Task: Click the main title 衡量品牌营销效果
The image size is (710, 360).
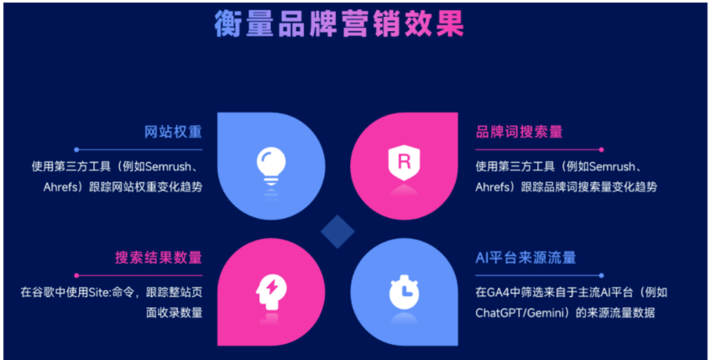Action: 339,23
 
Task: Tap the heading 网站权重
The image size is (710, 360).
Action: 173,132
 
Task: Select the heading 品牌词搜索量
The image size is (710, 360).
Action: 519,132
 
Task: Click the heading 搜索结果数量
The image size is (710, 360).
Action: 159,258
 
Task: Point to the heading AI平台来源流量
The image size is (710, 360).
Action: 525,258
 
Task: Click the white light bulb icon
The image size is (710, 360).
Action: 271,165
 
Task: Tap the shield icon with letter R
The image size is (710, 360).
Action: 404,163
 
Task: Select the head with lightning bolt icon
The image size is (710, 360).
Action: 271,293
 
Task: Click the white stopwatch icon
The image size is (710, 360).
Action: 404,292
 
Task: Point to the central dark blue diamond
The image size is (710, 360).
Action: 337,232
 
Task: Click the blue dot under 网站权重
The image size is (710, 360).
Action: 76,149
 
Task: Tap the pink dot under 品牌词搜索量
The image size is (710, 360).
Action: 602,149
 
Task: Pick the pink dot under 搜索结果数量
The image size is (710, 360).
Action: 76,275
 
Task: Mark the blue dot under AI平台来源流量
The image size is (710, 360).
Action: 602,275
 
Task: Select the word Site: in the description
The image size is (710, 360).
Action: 100,293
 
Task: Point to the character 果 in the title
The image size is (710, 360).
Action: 450,23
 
